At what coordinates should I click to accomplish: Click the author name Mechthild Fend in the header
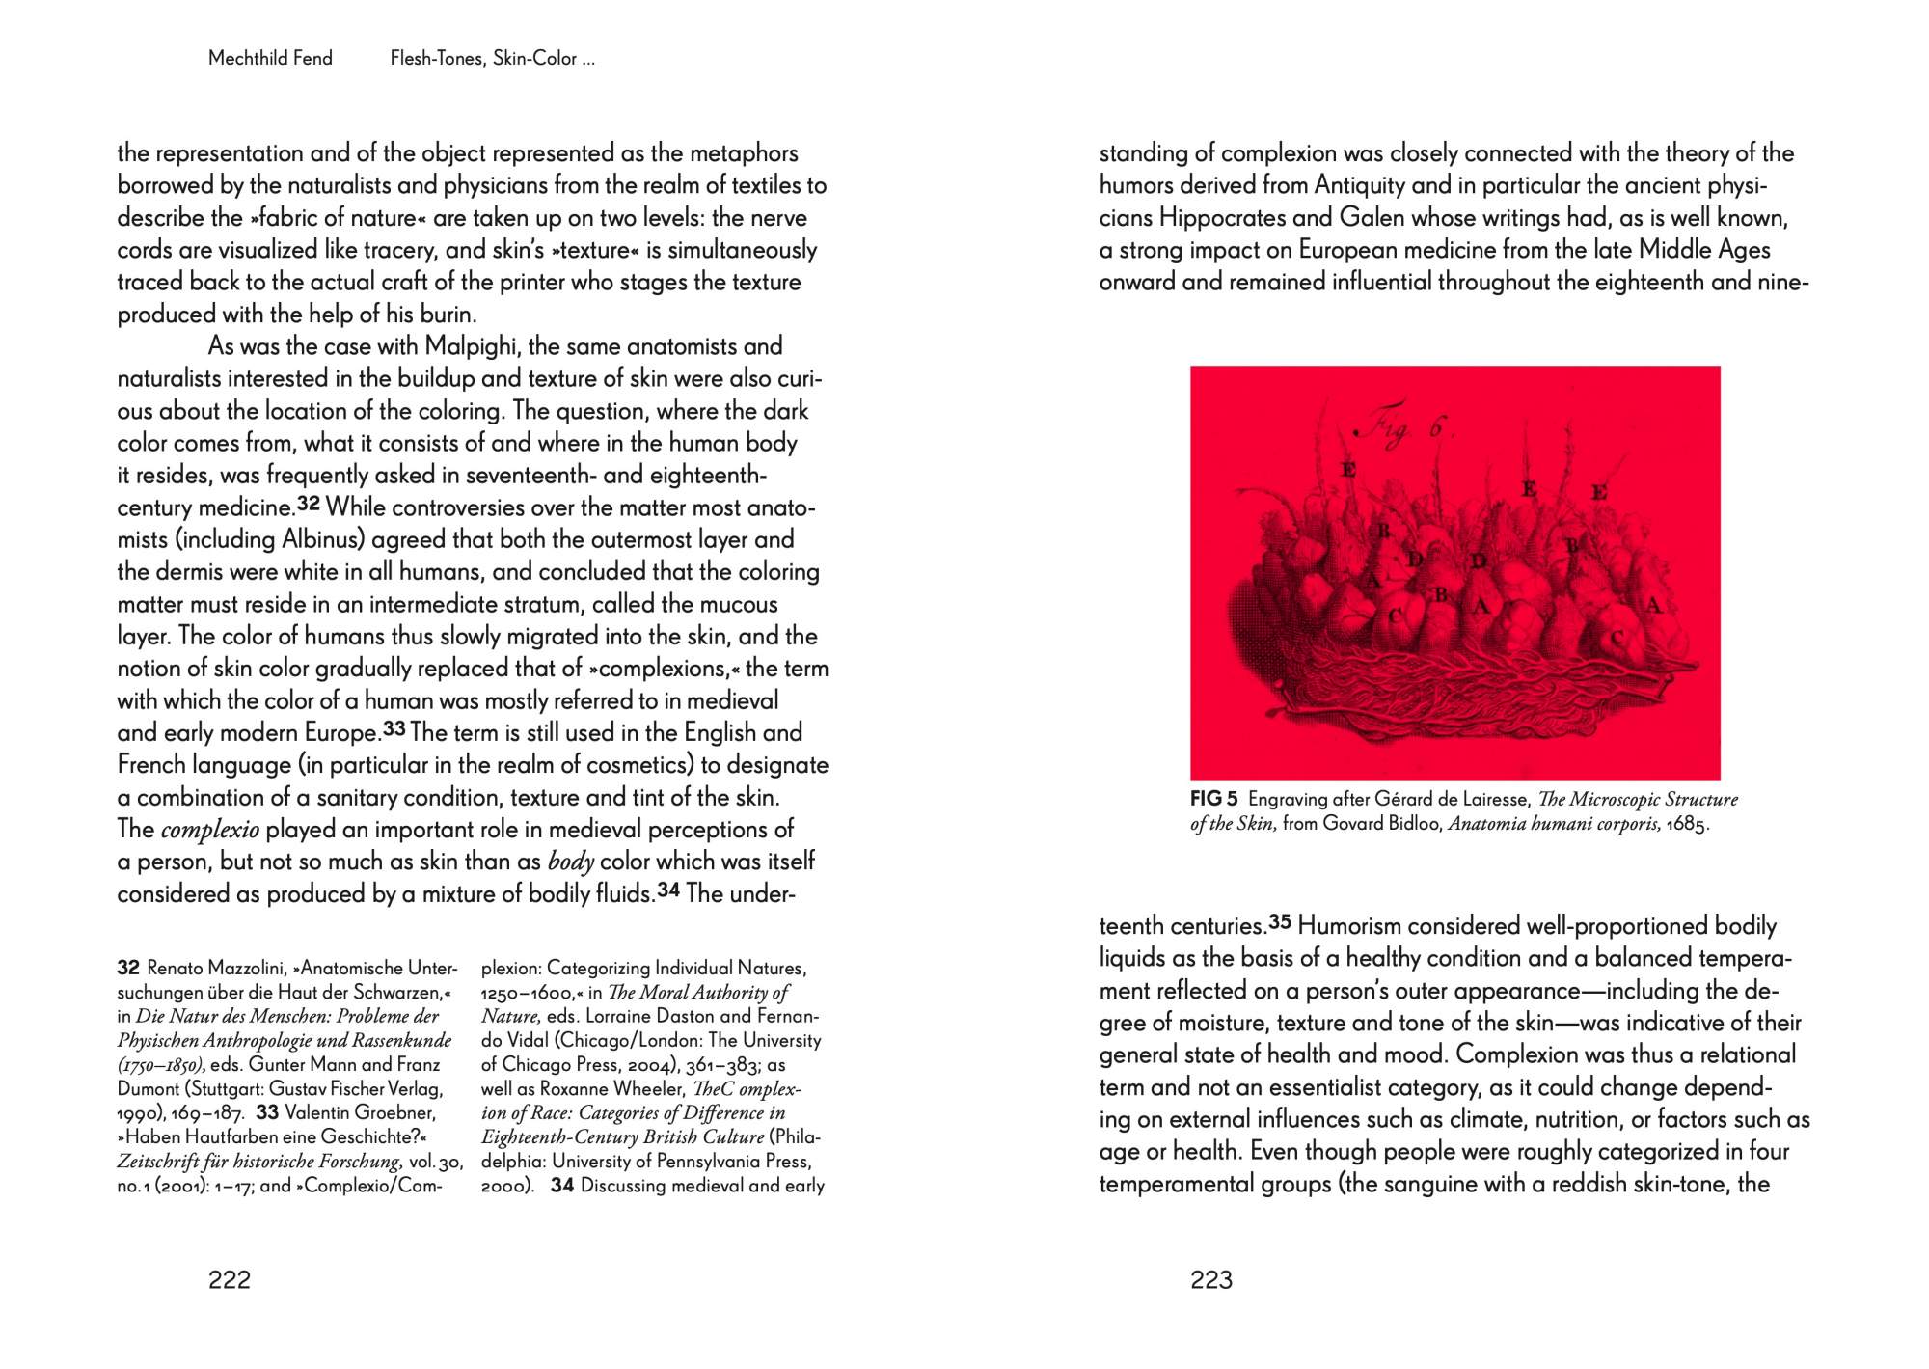point(270,58)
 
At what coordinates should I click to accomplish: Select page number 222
point(230,1279)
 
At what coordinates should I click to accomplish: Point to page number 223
point(1211,1279)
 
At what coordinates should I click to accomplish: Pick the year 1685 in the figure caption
point(1687,824)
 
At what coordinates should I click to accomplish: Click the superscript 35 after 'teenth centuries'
point(1279,921)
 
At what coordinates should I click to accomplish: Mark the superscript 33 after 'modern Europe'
point(394,728)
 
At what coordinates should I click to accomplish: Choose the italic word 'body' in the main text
point(570,862)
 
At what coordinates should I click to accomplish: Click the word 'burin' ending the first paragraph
point(448,315)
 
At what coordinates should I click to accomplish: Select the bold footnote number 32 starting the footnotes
point(128,968)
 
